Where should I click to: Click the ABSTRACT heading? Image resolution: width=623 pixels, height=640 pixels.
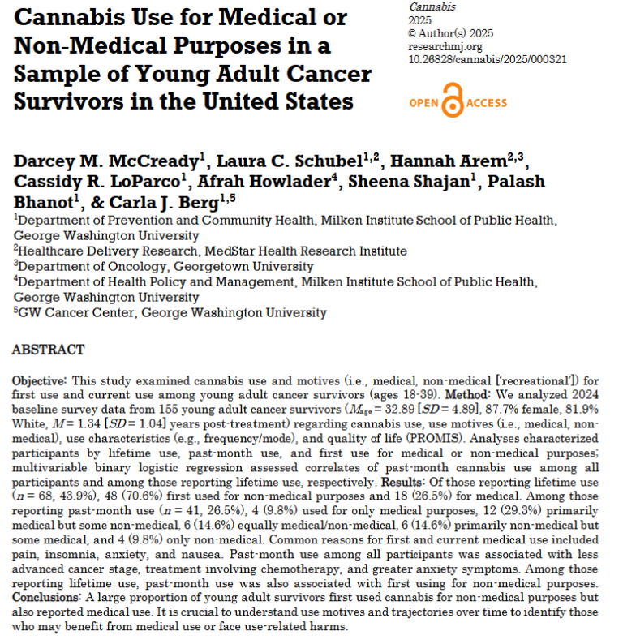[48, 350]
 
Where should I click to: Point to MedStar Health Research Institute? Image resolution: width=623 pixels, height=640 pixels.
[287, 251]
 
